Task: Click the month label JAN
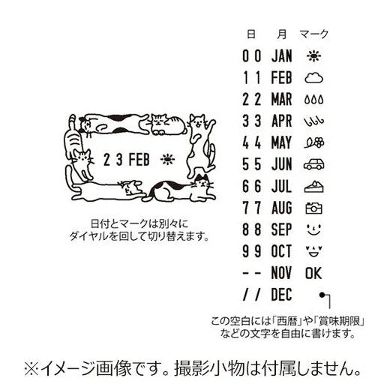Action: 281,55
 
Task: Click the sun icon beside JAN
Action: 313,55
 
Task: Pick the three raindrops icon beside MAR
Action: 313,99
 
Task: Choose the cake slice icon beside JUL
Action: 313,184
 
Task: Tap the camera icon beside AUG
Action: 313,206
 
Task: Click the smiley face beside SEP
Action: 313,228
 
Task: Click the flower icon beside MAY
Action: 313,142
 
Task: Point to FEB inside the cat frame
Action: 139,160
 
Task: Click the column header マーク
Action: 313,34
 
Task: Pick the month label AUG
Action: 281,206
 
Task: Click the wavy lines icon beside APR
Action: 313,120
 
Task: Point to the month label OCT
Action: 281,250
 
